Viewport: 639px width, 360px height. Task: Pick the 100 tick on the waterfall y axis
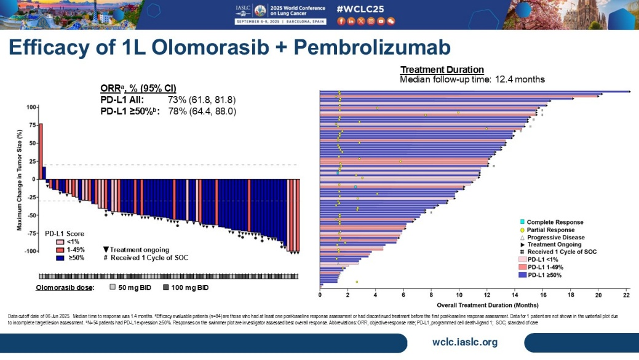pos(30,108)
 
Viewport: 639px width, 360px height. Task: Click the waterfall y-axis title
pos(20,180)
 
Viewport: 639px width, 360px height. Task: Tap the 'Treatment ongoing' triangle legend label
pos(139,250)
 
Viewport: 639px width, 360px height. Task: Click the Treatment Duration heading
pos(442,70)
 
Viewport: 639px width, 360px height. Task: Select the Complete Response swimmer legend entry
pos(552,222)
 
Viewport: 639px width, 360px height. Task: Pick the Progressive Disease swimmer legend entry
pos(553,237)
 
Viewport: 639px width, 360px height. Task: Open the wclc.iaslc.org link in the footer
pos(465,342)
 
